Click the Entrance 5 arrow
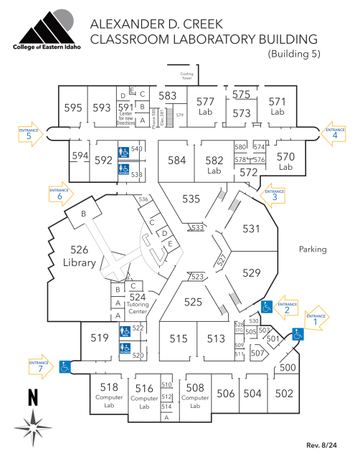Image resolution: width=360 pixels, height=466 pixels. point(29,134)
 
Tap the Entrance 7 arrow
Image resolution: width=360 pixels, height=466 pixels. point(42,364)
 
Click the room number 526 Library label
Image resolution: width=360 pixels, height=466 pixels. point(80,257)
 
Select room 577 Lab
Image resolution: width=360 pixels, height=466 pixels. point(206,106)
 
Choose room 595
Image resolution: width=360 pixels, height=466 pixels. point(72,108)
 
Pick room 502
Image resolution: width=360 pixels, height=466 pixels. point(284,393)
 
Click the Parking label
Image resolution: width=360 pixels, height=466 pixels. point(313,249)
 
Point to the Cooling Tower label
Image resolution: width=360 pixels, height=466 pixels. point(187,75)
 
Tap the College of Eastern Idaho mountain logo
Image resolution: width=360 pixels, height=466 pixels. point(47,29)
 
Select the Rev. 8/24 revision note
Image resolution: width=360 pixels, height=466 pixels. point(321,446)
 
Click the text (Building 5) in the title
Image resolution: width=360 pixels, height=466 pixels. point(293,54)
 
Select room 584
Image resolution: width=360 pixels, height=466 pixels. point(177,160)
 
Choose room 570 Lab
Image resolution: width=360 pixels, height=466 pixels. point(286,160)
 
